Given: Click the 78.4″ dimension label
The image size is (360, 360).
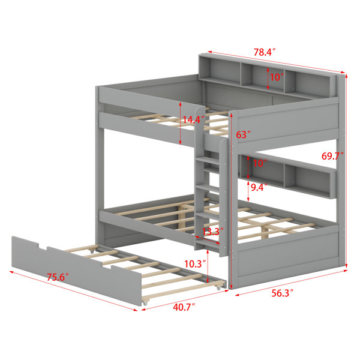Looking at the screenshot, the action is pos(264,52).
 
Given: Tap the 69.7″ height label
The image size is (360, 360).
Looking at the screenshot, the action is pos(332,156).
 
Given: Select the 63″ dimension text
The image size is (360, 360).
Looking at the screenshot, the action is pos(243,135).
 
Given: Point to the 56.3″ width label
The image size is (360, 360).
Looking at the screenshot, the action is pos(283,293).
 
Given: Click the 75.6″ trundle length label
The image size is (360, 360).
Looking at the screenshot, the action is pos(58,277).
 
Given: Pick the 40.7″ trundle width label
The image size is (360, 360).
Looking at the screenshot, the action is pos(184,307).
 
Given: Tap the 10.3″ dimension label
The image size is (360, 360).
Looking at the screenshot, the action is pos(195,264).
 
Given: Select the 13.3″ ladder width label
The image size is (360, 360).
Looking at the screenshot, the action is pos(213,232).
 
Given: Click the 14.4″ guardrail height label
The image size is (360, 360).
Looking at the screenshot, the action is pos(193,120).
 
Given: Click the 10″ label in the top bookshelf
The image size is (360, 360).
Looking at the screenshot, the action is pos(277,77).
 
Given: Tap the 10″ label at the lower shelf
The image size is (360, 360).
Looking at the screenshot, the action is pos(260,163).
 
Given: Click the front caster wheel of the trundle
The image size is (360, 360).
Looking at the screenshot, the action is pos(145,303).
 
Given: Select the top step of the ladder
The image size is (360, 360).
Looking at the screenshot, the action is pos(208,160).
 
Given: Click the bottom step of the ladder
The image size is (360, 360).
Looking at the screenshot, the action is pos(208,242).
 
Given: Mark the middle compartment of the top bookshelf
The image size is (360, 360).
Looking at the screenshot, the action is pos(263,77).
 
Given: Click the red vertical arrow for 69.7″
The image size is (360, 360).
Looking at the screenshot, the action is pos(346,170).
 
